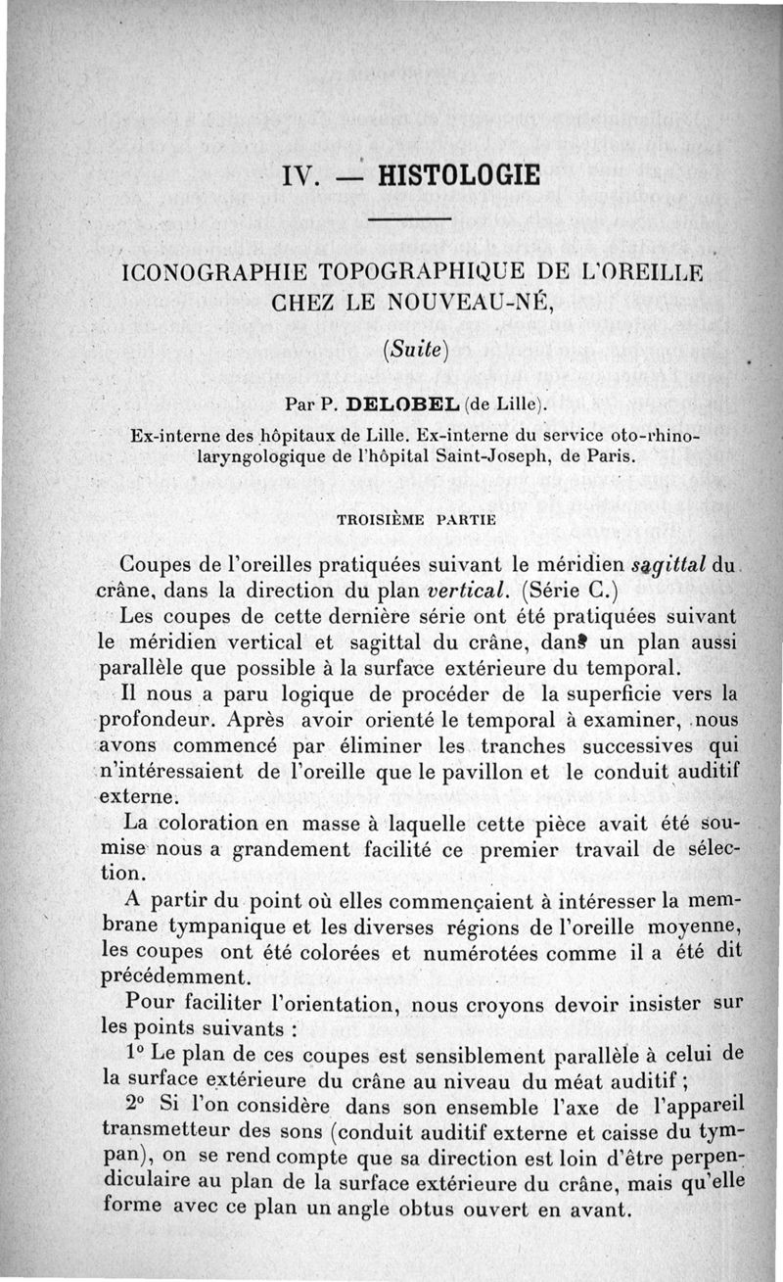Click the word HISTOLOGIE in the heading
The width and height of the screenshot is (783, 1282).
pyautogui.click(x=458, y=175)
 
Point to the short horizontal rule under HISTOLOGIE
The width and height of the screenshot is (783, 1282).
pyautogui.click(x=411, y=217)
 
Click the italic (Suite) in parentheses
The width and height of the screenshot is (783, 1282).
pyautogui.click(x=412, y=347)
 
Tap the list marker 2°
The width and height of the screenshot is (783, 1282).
pyautogui.click(x=138, y=1103)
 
